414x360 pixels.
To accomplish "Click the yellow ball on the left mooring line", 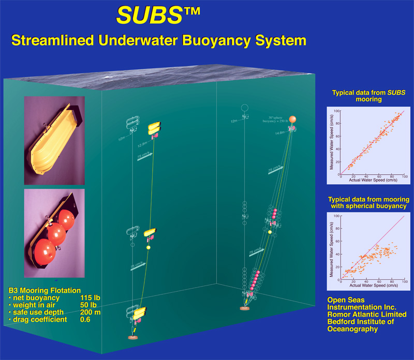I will pos(148,248).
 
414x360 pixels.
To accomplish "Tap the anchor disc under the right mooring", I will pos(245,309).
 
